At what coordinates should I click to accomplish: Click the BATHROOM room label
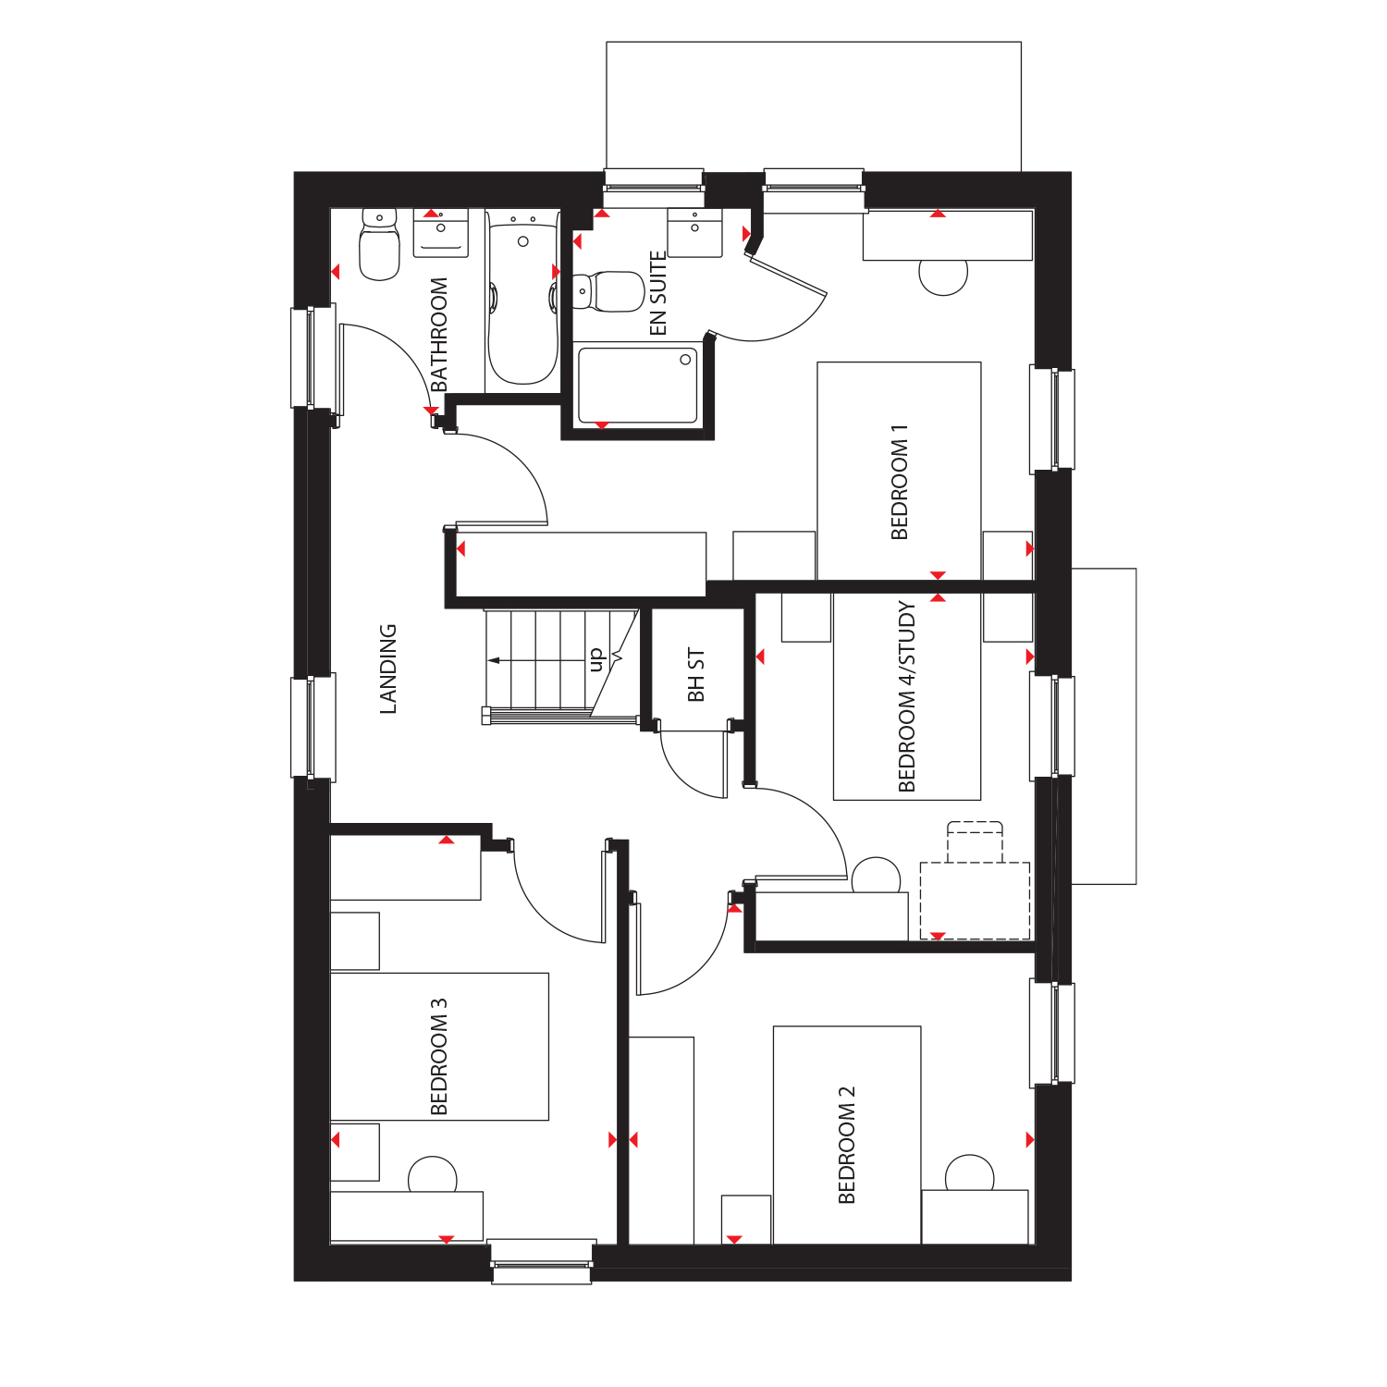[x=439, y=334]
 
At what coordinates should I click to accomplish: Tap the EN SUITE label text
[x=657, y=293]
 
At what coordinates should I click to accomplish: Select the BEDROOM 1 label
[x=899, y=482]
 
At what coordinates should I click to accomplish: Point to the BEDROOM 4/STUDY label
[x=906, y=696]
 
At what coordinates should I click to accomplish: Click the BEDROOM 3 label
[x=439, y=1056]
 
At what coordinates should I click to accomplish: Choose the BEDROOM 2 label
[x=846, y=1145]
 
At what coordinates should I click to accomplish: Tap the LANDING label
[x=388, y=669]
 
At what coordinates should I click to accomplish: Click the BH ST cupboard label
[x=696, y=674]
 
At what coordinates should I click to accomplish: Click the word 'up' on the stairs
[x=596, y=659]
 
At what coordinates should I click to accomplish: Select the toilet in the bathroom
[x=379, y=244]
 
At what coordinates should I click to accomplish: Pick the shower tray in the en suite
[x=637, y=385]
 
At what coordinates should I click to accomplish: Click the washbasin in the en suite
[x=695, y=233]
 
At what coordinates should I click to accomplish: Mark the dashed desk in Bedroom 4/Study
[x=975, y=901]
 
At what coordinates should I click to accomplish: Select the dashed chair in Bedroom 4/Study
[x=975, y=841]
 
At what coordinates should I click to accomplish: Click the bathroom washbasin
[x=441, y=233]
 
